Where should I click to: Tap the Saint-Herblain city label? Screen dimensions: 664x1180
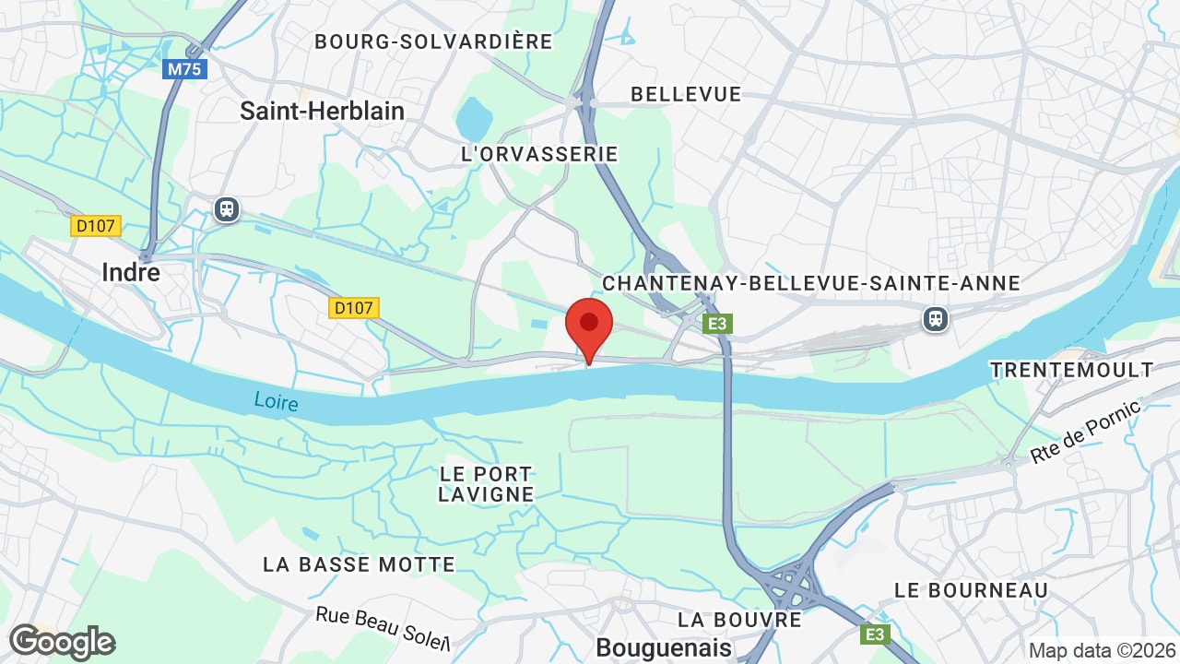322,111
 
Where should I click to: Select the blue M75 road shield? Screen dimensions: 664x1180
185,69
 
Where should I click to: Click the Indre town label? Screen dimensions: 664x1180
130,272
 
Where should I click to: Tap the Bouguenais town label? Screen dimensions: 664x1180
664,648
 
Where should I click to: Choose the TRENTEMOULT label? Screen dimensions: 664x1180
1071,370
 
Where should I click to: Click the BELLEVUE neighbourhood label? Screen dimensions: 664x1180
686,94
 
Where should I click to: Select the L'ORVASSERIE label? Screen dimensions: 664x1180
539,154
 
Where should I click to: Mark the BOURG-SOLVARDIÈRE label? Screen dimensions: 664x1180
433,41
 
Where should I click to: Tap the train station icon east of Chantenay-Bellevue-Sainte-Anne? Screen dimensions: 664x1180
935,319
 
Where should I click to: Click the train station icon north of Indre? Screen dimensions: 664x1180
226,209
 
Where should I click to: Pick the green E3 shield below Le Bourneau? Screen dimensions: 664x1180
875,634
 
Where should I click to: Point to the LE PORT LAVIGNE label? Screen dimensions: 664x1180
486,484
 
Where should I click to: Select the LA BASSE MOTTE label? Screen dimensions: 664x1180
359,564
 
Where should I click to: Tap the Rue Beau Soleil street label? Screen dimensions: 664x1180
382,629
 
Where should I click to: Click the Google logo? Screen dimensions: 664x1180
62,642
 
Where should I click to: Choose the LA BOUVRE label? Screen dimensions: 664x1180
739,619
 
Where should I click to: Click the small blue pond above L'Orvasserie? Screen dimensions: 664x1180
474,119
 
